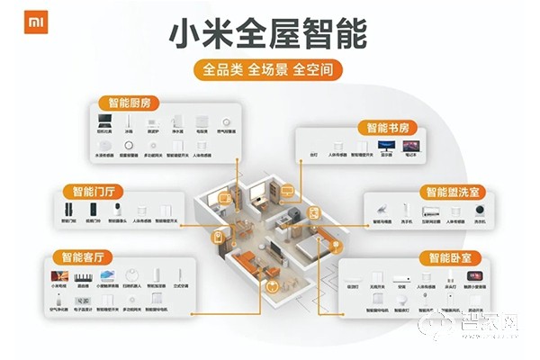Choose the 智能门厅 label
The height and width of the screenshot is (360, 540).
pos(93,191)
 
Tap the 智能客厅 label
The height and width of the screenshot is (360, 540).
pos(80,256)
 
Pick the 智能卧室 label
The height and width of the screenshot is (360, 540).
pos(449,256)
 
